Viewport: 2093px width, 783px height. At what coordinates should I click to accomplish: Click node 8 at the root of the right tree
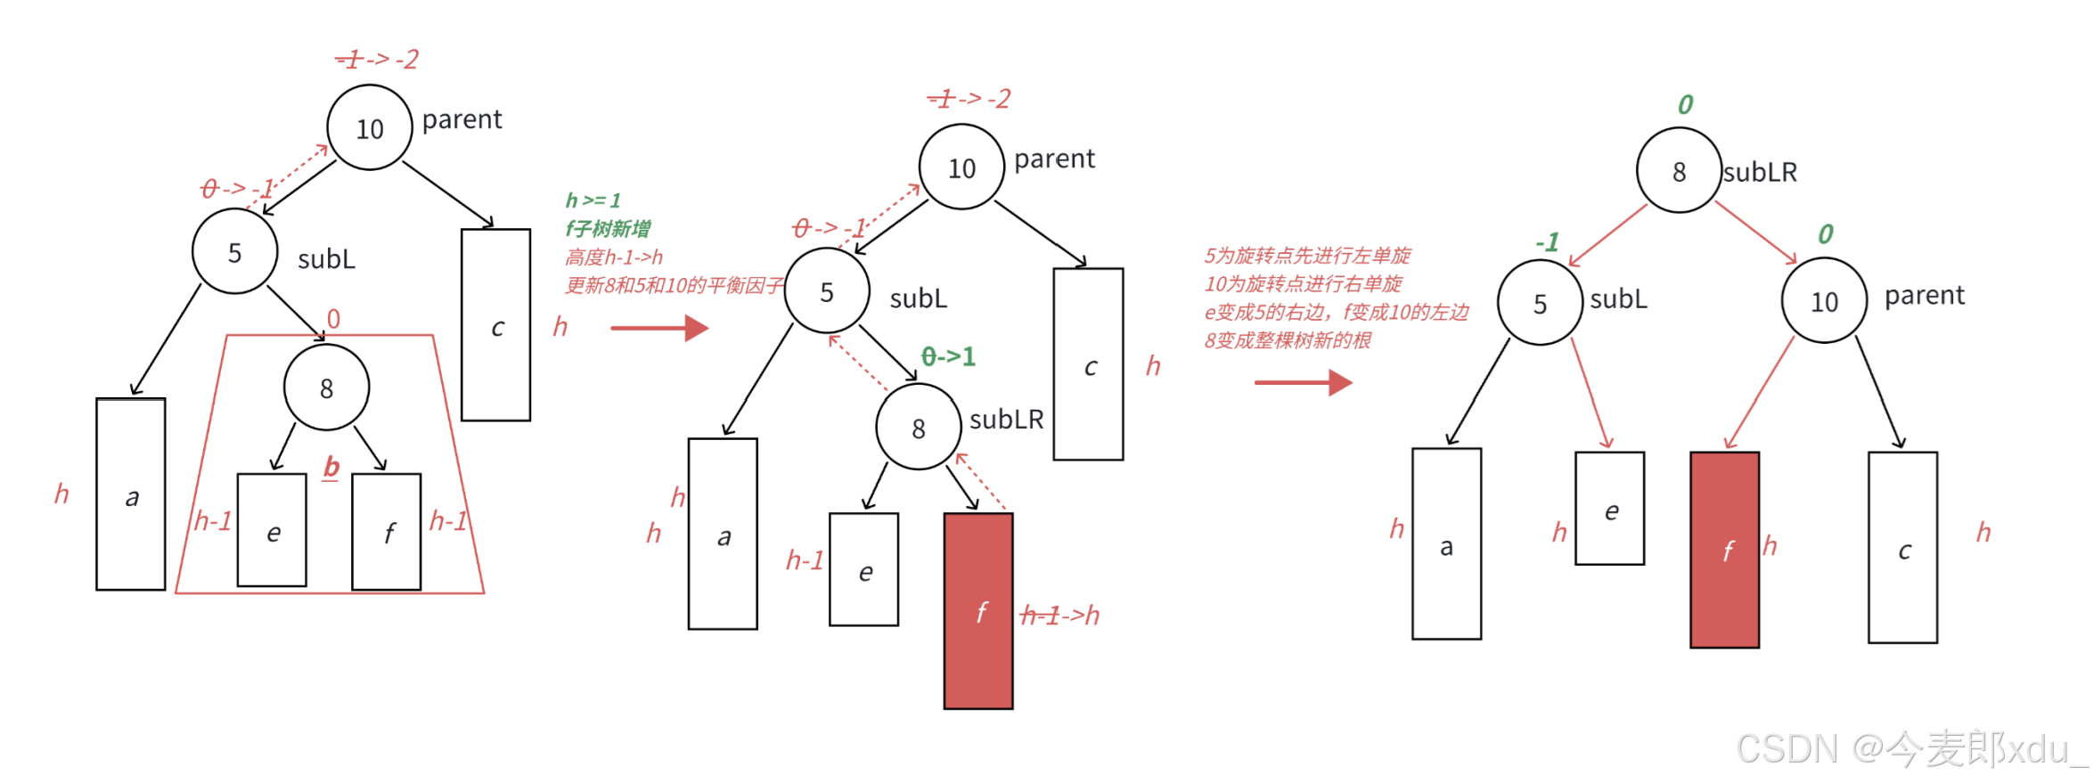click(1678, 170)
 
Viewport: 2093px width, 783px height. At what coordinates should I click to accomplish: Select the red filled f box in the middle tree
click(977, 610)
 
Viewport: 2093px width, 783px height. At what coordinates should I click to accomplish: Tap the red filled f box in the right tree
click(1724, 550)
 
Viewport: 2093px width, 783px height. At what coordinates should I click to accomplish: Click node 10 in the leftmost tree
click(370, 127)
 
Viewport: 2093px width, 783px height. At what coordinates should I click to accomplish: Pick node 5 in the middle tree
click(827, 291)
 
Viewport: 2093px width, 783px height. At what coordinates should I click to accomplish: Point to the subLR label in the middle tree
click(1006, 419)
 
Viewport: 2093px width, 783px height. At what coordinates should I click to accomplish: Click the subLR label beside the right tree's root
click(1760, 172)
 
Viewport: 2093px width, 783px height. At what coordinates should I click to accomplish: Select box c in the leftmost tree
click(495, 325)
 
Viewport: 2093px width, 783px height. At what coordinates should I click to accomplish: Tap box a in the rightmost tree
click(1446, 543)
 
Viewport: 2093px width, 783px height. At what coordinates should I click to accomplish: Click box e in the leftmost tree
click(272, 530)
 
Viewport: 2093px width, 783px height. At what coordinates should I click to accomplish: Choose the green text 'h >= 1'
click(593, 200)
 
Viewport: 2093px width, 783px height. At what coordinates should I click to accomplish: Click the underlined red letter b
click(331, 467)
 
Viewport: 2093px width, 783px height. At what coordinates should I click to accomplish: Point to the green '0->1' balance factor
click(948, 356)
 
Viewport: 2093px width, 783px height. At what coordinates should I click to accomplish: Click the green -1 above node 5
click(1548, 241)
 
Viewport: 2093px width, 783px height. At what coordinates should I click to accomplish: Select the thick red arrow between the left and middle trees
click(658, 328)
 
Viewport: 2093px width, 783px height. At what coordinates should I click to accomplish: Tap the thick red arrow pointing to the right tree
click(1303, 382)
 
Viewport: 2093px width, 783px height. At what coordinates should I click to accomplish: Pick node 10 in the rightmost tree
click(1823, 301)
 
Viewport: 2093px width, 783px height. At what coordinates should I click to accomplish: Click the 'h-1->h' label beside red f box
click(1059, 615)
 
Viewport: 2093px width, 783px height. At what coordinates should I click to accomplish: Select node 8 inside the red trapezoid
click(326, 387)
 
